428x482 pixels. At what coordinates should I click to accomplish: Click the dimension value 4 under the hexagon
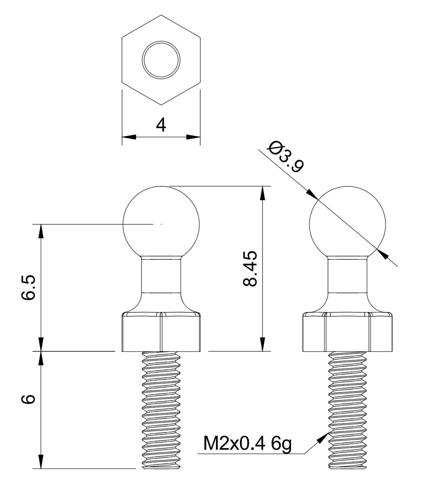pyautogui.click(x=161, y=125)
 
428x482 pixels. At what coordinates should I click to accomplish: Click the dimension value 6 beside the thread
pyautogui.click(x=28, y=399)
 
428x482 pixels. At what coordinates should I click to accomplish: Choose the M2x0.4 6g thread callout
pyautogui.click(x=247, y=443)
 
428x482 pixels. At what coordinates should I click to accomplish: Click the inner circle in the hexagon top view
pyautogui.click(x=161, y=59)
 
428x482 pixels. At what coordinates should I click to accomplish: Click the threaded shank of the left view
pyautogui.click(x=161, y=410)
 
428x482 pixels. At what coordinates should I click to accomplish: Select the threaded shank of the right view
pyautogui.click(x=347, y=410)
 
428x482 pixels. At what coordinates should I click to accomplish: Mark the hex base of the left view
pyautogui.click(x=161, y=332)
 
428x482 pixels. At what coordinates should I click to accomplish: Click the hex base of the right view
pyautogui.click(x=347, y=332)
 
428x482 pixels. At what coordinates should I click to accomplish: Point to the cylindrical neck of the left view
pyautogui.click(x=161, y=275)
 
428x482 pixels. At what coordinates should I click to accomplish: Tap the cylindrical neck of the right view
pyautogui.click(x=347, y=275)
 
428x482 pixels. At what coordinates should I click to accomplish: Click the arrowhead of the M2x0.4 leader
pyautogui.click(x=324, y=437)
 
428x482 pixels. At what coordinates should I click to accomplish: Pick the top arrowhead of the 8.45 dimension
pyautogui.click(x=263, y=193)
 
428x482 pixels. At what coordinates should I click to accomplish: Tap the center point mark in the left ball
pyautogui.click(x=161, y=224)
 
